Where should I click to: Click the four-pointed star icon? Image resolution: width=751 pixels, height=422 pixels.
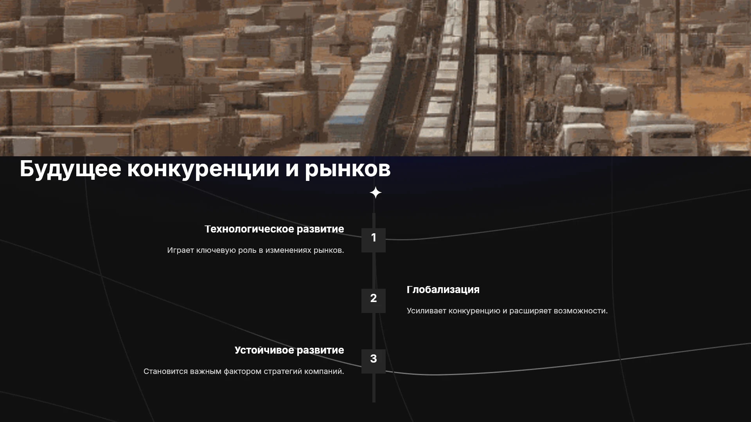point(375,193)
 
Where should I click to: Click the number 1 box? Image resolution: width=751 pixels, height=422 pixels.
point(374,240)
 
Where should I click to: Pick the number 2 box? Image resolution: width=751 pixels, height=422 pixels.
point(374,300)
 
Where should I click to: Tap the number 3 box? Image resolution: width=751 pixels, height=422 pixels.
point(374,361)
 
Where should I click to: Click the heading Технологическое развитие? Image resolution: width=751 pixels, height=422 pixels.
point(274,229)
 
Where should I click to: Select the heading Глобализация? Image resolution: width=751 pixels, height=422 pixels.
point(443,290)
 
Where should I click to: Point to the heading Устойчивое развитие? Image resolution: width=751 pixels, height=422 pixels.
point(289,350)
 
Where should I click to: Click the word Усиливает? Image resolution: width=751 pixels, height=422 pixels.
point(426,311)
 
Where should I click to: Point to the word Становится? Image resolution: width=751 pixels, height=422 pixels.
point(165,372)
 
